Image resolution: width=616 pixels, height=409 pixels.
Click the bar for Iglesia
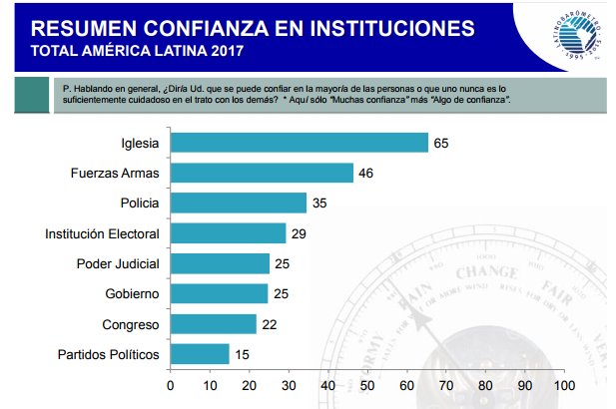tap(300, 143)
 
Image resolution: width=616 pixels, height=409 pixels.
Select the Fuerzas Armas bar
tap(262, 174)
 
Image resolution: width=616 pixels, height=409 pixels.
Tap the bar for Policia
tap(239, 204)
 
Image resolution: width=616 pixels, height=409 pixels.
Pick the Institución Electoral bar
tap(228, 233)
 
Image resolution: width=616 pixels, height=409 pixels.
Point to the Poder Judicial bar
tap(220, 263)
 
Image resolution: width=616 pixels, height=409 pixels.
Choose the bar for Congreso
tap(214, 324)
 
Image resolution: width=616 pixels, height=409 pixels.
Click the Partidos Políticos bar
tap(200, 354)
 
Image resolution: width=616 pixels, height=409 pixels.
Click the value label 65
tap(441, 143)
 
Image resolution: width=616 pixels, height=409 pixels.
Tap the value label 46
tap(366, 174)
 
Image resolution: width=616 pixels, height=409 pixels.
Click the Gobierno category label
tap(132, 294)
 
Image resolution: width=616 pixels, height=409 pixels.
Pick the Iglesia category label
tap(140, 143)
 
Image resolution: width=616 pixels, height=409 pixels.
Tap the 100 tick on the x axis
tap(564, 386)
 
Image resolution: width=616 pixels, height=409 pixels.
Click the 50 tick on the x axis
tap(367, 386)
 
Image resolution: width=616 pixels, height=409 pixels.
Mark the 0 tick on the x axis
tap(171, 386)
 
